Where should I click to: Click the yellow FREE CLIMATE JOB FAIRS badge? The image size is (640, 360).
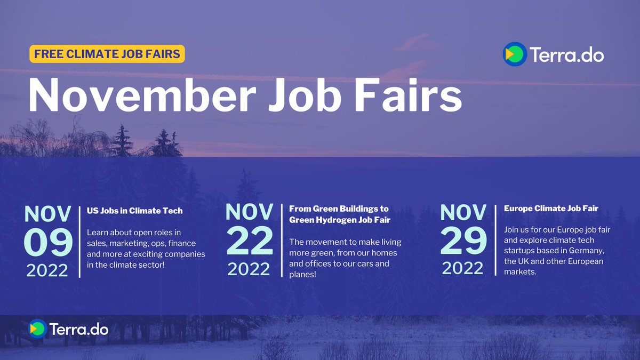(107, 54)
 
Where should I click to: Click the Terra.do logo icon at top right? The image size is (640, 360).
(515, 54)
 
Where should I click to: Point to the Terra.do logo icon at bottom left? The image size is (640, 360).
(37, 329)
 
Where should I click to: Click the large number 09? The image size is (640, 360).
(47, 242)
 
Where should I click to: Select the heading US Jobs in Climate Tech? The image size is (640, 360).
(134, 211)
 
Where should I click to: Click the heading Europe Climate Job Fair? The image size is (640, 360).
(551, 209)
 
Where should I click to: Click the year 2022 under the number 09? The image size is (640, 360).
(47, 270)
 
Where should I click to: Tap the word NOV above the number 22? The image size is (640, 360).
(250, 212)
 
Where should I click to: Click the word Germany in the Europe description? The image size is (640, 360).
(587, 251)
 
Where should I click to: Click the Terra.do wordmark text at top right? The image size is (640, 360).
(566, 54)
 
